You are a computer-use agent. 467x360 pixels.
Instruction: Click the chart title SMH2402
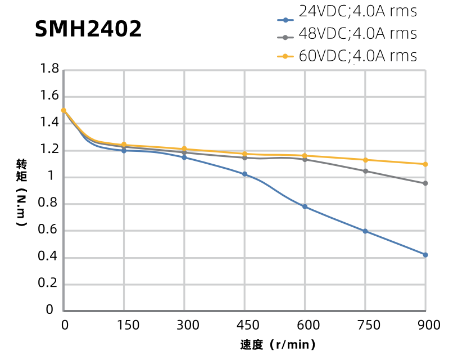pyautogui.click(x=88, y=29)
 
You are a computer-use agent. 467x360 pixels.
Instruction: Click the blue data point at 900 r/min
pyautogui.click(x=425, y=255)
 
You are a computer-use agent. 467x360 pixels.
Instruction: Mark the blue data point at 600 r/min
pyautogui.click(x=305, y=206)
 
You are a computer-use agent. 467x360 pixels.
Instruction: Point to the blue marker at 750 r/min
pyautogui.click(x=365, y=231)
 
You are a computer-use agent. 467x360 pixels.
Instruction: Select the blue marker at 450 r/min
pyautogui.click(x=244, y=174)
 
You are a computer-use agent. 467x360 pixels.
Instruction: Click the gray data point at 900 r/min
pyautogui.click(x=425, y=183)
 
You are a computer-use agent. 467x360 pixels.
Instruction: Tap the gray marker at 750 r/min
pyautogui.click(x=365, y=171)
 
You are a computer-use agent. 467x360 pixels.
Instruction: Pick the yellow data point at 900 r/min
pyautogui.click(x=425, y=164)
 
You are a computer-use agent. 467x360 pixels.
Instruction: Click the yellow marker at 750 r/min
pyautogui.click(x=365, y=160)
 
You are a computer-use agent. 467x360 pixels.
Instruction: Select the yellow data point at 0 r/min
pyautogui.click(x=64, y=110)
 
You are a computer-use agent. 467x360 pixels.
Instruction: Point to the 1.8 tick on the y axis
pyautogui.click(x=49, y=70)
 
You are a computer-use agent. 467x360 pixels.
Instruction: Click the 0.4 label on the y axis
pyautogui.click(x=49, y=258)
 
